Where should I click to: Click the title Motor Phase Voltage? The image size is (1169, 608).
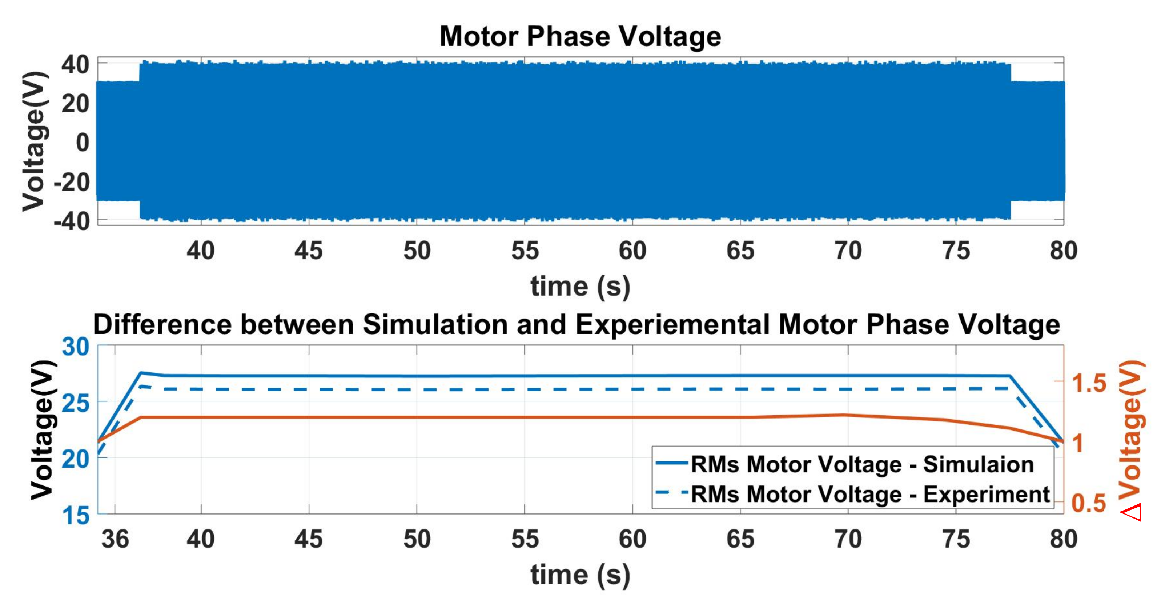tap(580, 36)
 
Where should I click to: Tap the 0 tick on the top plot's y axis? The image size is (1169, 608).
tap(83, 143)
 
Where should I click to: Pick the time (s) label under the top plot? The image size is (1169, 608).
tap(580, 287)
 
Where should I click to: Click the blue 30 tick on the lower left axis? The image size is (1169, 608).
tap(75, 347)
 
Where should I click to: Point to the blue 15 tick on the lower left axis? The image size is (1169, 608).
tap(75, 516)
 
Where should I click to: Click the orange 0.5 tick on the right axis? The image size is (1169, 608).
tap(1089, 503)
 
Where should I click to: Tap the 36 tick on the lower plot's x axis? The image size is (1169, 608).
tap(115, 539)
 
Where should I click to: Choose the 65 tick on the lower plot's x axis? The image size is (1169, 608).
tap(740, 539)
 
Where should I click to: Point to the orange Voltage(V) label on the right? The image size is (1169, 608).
tap(1131, 429)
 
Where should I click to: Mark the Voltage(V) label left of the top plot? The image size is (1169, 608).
tap(34, 141)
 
